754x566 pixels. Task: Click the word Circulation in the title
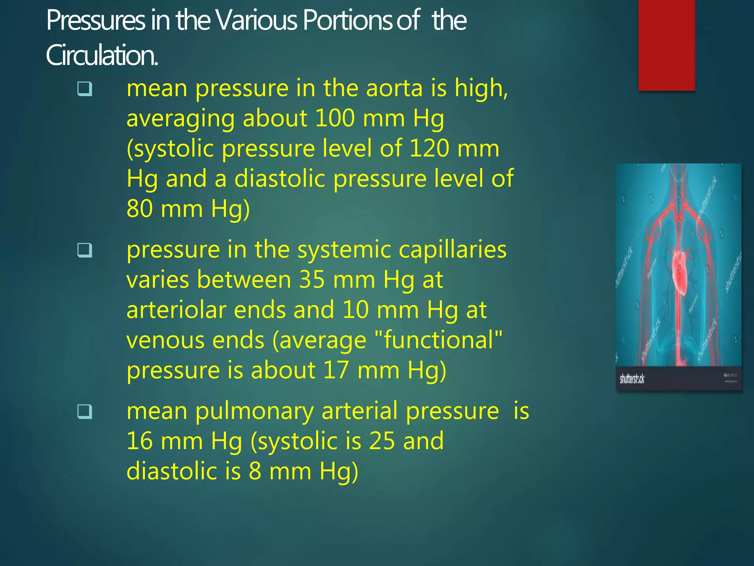click(102, 55)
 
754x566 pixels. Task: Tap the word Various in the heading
click(257, 20)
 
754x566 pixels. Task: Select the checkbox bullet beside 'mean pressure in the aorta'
click(84, 89)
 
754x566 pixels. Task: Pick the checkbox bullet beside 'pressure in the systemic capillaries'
click(84, 251)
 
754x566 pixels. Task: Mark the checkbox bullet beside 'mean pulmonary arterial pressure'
click(84, 412)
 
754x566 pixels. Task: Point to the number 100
click(335, 119)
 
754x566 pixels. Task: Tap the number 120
click(429, 149)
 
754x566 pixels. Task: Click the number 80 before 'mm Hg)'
click(140, 209)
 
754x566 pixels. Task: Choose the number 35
click(312, 280)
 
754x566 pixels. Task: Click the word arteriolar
click(176, 310)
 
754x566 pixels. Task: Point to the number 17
click(335, 370)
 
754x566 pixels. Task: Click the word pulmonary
click(254, 411)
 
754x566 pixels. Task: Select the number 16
click(140, 441)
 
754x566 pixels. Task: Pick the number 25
click(382, 441)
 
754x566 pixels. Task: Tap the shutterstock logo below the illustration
click(632, 379)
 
